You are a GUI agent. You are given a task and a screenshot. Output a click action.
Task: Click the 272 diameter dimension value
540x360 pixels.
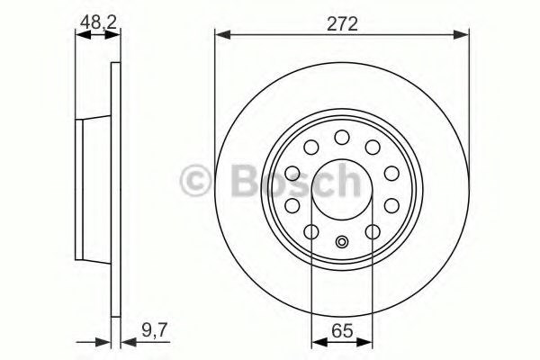[342, 24]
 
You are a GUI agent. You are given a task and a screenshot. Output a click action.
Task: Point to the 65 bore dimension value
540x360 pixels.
[342, 329]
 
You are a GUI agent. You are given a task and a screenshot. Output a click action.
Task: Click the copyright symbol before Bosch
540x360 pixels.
[195, 180]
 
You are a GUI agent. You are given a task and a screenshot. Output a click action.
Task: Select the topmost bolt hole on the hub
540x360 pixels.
[342, 137]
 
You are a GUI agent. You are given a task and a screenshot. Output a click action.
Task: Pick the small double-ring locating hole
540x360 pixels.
[342, 240]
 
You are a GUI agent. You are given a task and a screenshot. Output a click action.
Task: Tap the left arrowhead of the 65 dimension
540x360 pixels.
[316, 341]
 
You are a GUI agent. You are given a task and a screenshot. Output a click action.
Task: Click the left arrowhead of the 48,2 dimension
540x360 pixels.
[79, 35]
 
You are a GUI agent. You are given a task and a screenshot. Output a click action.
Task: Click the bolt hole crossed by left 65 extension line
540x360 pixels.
[310, 232]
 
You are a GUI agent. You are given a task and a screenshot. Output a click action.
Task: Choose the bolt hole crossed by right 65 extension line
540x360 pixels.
[373, 232]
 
